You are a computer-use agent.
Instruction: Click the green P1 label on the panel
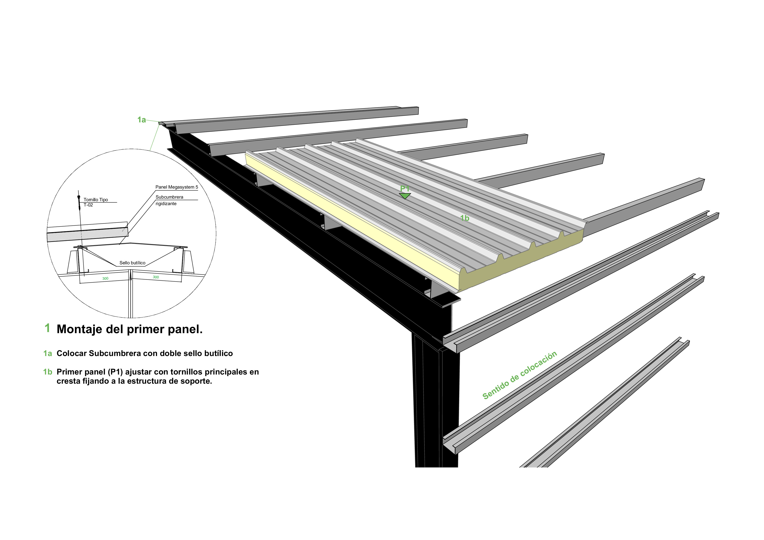click(405, 189)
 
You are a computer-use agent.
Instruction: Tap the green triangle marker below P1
click(405, 196)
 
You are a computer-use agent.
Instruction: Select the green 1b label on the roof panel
click(465, 218)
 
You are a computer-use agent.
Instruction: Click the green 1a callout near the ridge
click(141, 120)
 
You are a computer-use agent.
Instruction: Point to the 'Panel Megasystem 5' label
click(176, 187)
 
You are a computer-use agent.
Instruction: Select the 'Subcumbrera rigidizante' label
click(169, 200)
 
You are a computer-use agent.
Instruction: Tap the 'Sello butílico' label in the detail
click(132, 263)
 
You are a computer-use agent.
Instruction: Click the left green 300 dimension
click(105, 278)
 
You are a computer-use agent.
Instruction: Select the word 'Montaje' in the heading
click(79, 329)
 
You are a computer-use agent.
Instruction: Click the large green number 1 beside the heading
click(47, 328)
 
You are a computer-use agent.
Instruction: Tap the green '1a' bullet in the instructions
click(47, 353)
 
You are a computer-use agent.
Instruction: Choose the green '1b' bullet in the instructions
click(47, 372)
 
